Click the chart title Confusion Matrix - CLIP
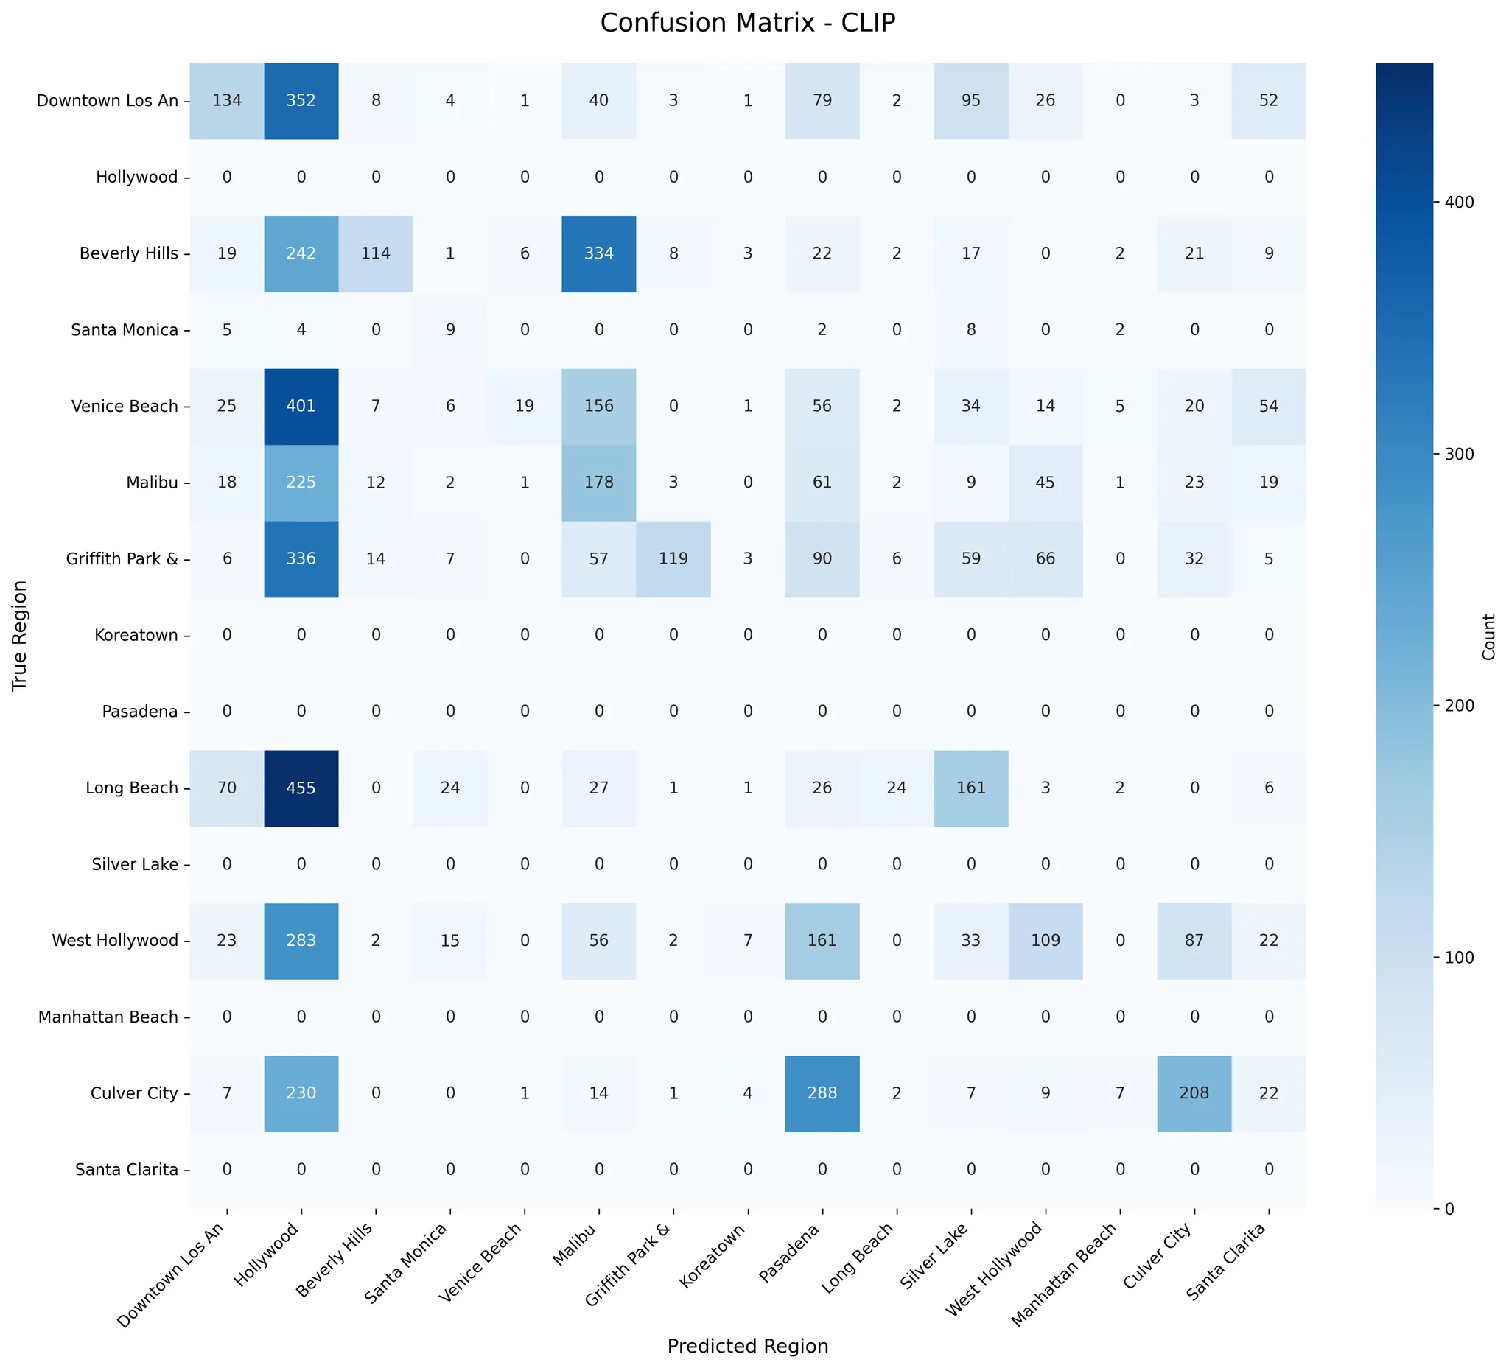747,23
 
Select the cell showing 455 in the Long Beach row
301,788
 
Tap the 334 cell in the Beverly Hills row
599,253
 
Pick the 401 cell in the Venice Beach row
301,406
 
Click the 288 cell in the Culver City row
822,1092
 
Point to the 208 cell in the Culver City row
1194,1092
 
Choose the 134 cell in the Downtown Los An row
227,100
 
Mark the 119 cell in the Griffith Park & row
673,558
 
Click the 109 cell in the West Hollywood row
1045,940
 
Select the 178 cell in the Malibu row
599,482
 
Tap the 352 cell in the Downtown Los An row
301,100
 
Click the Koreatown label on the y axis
136,634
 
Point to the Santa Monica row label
125,329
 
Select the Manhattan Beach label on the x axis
1065,1272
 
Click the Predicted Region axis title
747,1346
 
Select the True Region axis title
20,634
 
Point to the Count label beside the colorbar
1488,636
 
